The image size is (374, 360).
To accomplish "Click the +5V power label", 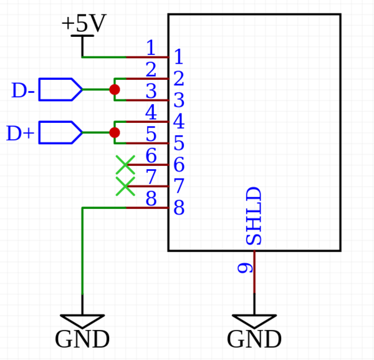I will click(x=83, y=24).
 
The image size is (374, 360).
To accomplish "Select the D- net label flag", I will click(x=59, y=89).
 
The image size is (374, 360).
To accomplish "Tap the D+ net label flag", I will click(x=59, y=132).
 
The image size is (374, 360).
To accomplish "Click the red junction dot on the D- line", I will click(x=115, y=90).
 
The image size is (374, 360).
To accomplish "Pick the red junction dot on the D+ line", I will click(x=114, y=133).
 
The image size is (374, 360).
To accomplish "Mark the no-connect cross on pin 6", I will click(x=125, y=165).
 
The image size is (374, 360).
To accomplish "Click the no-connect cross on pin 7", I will click(x=125, y=186).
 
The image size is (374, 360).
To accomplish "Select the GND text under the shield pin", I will click(x=254, y=340).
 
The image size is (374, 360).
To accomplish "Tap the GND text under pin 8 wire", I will click(x=82, y=340).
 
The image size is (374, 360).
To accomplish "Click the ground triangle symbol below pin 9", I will click(x=254, y=321).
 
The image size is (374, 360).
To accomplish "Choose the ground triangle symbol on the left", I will click(x=82, y=321).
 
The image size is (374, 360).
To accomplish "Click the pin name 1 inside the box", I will click(x=178, y=58).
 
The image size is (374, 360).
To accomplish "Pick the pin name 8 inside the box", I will click(x=179, y=208).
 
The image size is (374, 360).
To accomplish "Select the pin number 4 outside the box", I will click(x=151, y=112).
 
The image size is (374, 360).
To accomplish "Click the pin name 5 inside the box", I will click(x=179, y=144).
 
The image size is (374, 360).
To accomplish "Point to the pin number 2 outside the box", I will click(x=151, y=69).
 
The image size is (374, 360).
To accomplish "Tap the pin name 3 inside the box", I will click(x=179, y=100).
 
